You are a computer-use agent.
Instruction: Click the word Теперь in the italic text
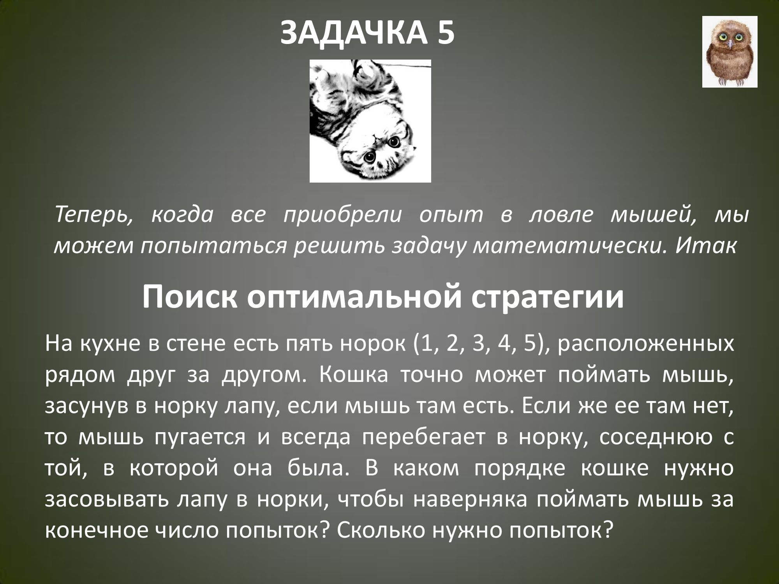(94, 215)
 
